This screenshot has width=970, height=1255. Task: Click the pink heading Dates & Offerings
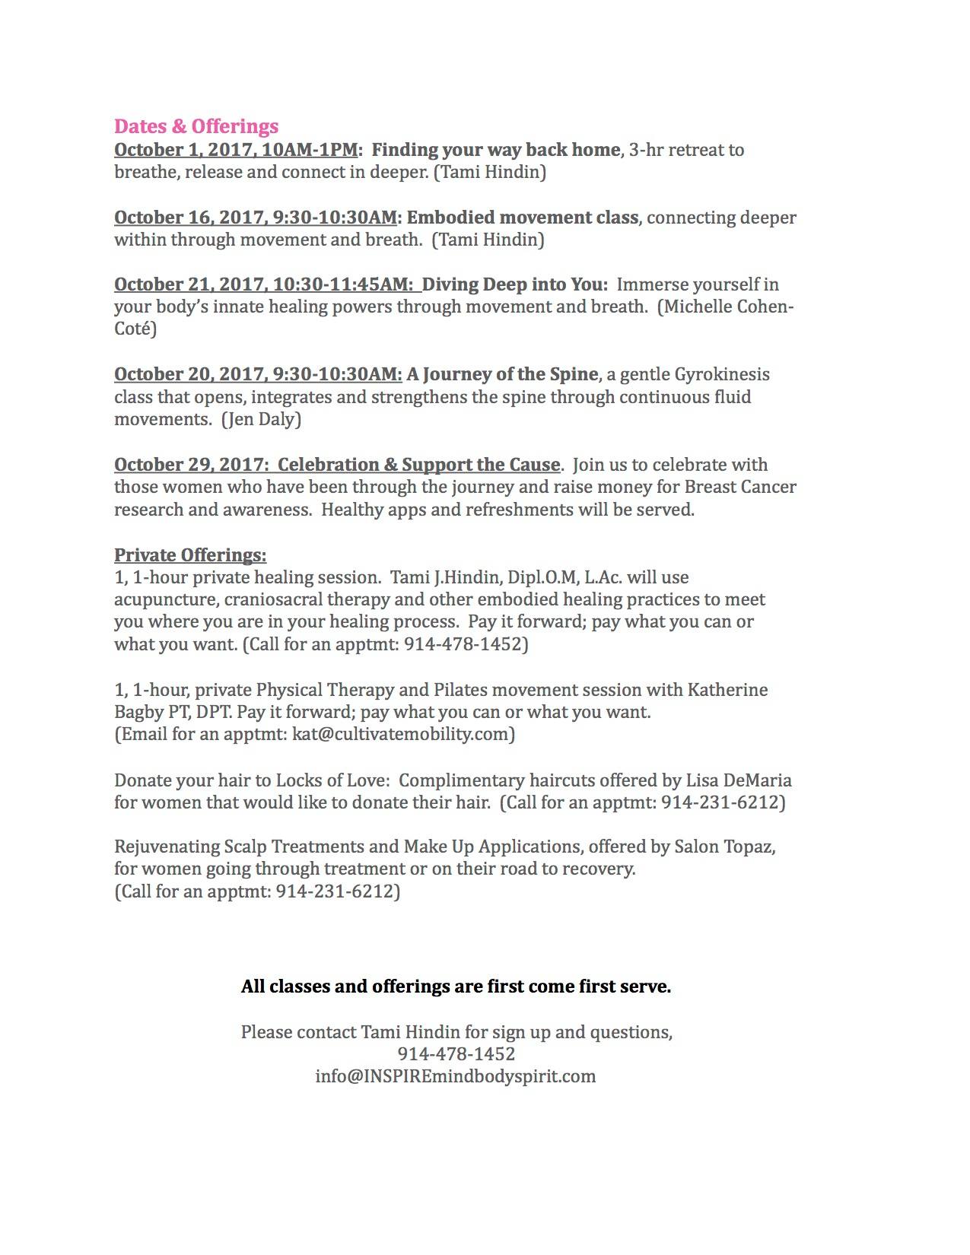point(196,126)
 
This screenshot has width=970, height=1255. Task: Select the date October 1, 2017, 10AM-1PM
point(236,150)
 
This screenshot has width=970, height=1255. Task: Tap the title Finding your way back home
point(495,150)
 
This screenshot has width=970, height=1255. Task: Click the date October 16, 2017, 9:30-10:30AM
point(256,218)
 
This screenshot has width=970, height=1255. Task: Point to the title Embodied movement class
point(522,218)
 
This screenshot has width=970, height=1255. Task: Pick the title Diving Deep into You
point(515,284)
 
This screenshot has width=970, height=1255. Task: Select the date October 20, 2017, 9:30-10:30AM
point(258,374)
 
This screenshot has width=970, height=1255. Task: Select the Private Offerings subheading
point(190,554)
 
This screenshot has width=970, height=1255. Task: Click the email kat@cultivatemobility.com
point(401,735)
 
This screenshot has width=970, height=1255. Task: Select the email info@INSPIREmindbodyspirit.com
point(456,1076)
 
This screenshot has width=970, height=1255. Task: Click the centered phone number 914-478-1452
point(456,1054)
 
